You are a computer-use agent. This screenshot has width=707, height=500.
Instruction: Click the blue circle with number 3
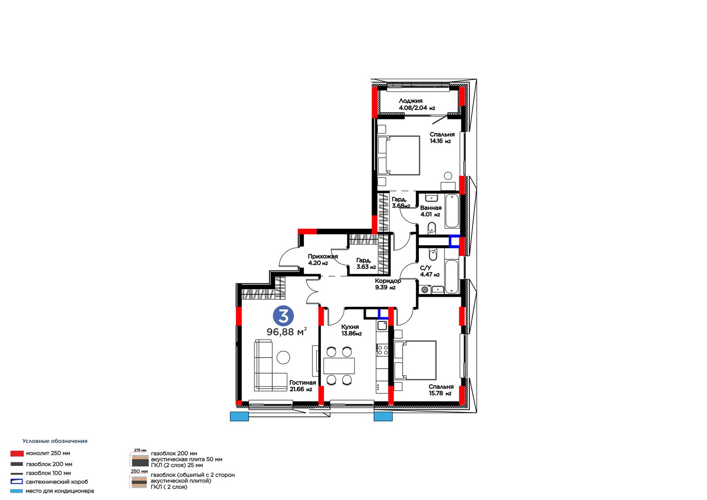click(x=283, y=316)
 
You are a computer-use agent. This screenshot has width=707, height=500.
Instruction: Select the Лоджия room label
click(x=417, y=104)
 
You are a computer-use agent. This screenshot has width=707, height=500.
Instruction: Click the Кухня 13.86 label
click(x=351, y=330)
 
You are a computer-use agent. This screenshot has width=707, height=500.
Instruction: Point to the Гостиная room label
click(x=302, y=385)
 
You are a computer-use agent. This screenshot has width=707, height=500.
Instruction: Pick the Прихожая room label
click(x=323, y=260)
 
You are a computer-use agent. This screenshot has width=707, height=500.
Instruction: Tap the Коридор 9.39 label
click(x=388, y=284)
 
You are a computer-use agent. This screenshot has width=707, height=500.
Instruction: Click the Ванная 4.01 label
click(x=430, y=211)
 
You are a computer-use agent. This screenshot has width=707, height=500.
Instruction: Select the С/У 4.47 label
click(x=430, y=271)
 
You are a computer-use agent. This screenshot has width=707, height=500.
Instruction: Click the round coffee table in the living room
click(x=283, y=358)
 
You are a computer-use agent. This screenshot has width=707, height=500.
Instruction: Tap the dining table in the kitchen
click(x=339, y=366)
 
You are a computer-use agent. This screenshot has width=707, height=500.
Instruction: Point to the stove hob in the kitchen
click(x=383, y=350)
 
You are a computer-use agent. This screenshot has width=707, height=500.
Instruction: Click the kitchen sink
click(x=382, y=326)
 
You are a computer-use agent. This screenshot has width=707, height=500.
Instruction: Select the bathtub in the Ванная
click(x=452, y=211)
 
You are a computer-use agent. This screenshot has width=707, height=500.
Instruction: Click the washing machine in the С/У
click(x=425, y=289)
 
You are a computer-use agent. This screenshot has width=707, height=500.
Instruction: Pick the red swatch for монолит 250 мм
click(x=17, y=454)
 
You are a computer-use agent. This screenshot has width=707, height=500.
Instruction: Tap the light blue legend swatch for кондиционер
click(x=16, y=491)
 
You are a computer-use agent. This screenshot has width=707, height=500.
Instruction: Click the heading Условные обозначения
click(x=55, y=441)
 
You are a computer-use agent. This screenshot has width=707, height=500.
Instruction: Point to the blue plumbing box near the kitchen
click(x=383, y=313)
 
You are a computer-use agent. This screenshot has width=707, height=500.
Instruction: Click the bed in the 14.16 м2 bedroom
click(x=399, y=156)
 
